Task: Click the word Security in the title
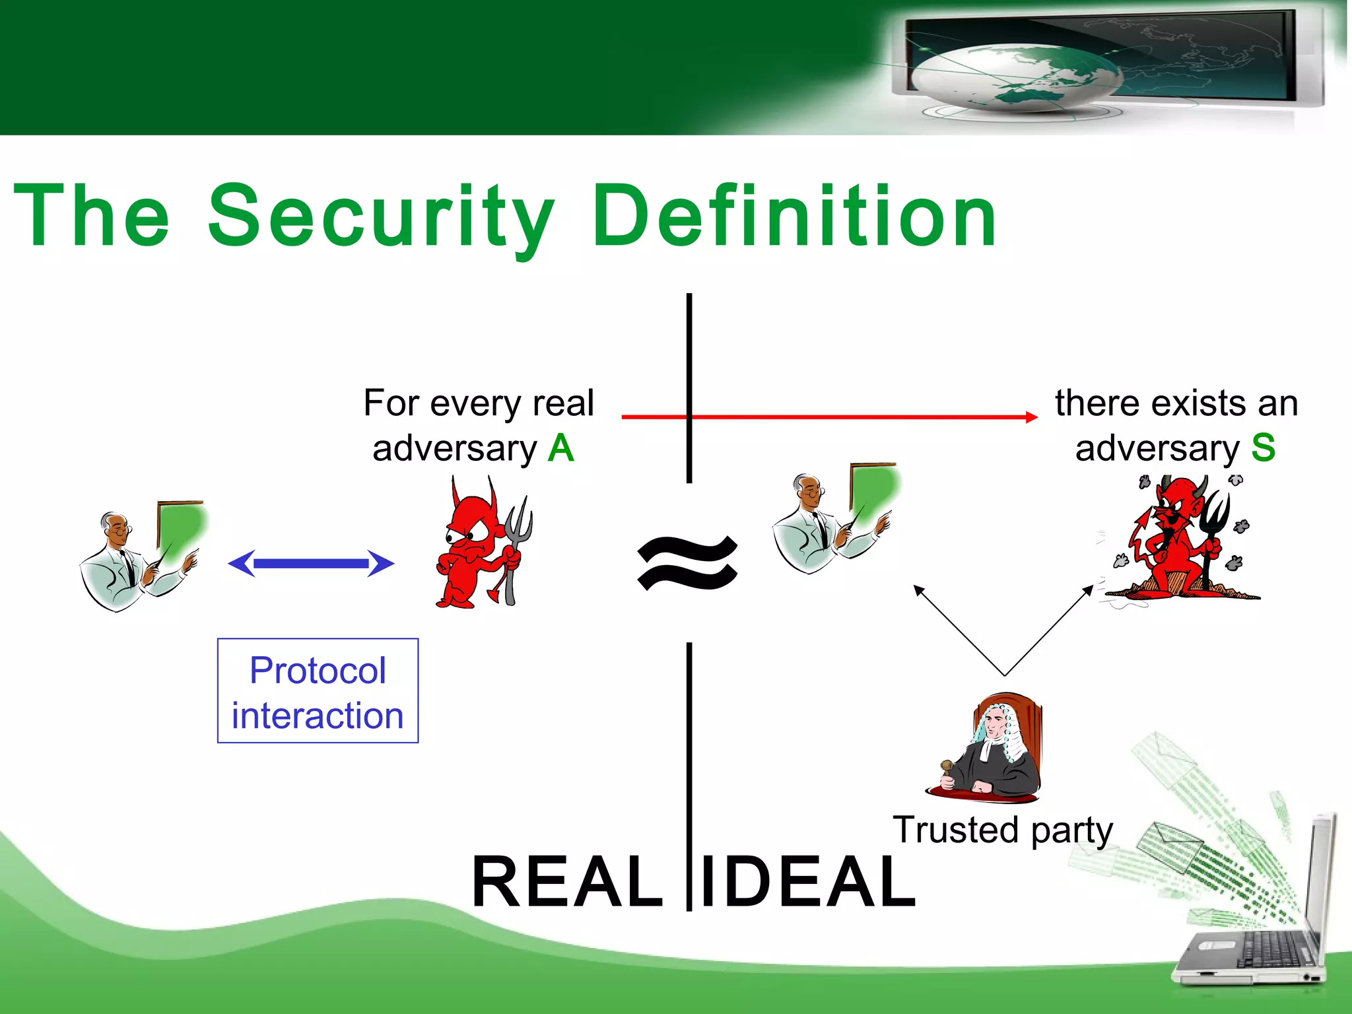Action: pyautogui.click(x=381, y=217)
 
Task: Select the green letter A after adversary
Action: pyautogui.click(x=561, y=448)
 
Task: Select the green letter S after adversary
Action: pyautogui.click(x=1263, y=448)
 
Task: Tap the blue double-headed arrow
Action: pyautogui.click(x=311, y=563)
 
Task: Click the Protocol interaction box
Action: pyautogui.click(x=318, y=691)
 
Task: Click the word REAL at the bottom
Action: pyautogui.click(x=567, y=882)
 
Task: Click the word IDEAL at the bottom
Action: pyautogui.click(x=808, y=882)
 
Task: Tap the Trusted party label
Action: pyautogui.click(x=1002, y=830)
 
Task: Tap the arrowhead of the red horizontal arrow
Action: pyautogui.click(x=1031, y=417)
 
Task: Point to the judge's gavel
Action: pyautogui.click(x=947, y=768)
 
